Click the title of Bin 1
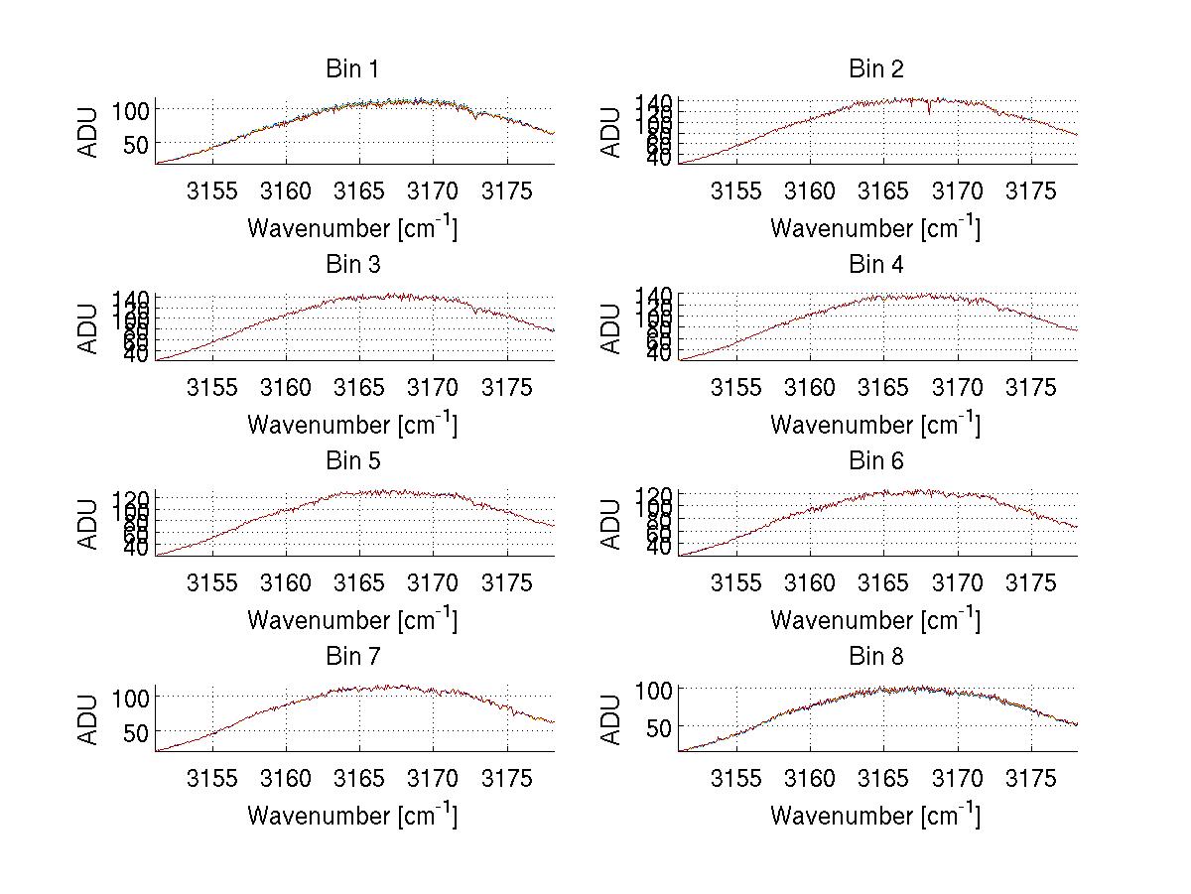pos(352,69)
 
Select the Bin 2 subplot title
pos(876,69)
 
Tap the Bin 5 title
pos(352,461)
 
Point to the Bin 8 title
pos(876,657)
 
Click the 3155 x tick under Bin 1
pos(212,192)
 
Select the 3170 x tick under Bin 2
pos(958,192)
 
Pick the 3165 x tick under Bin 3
pos(360,387)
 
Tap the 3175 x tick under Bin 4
pos(1031,387)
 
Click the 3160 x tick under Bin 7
pos(286,779)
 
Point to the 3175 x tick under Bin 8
pos(1031,779)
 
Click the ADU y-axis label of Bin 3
pos(89,328)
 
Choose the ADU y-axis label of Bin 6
pos(612,524)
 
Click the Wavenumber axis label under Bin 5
pos(352,620)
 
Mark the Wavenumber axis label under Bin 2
pos(875,228)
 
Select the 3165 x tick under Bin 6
pos(883,583)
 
